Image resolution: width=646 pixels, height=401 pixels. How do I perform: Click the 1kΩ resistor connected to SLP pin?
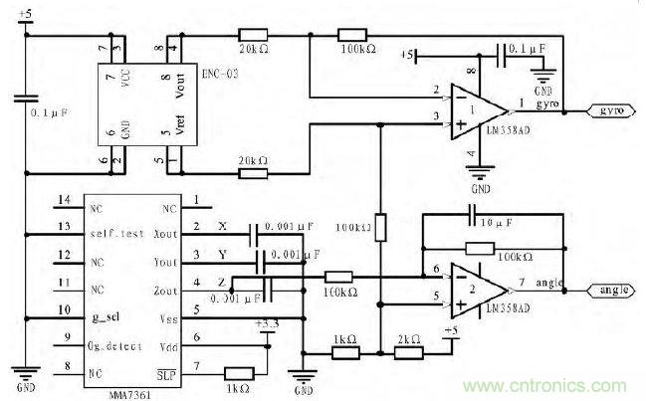click(239, 373)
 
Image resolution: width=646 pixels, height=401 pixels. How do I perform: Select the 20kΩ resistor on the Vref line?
click(254, 173)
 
